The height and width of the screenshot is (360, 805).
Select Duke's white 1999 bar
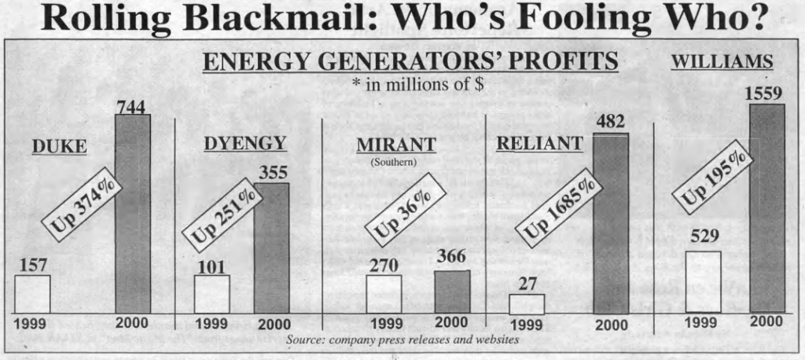[x=33, y=293]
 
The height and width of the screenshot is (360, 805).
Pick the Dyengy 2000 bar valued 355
[x=271, y=248]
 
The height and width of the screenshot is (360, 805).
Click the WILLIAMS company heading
[x=720, y=63]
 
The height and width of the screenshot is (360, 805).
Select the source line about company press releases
[x=402, y=340]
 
